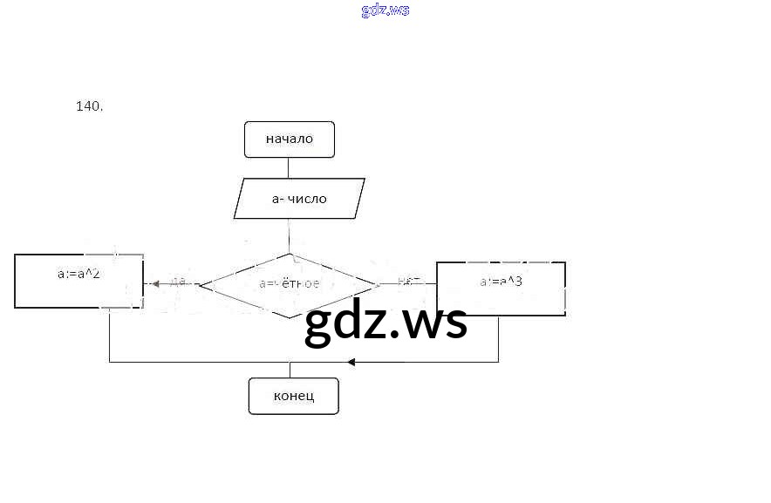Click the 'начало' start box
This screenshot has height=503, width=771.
(x=290, y=139)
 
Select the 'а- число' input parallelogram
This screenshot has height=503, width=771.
(x=299, y=199)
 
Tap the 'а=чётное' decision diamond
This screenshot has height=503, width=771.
(x=290, y=284)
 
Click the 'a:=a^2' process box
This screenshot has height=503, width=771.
(x=79, y=281)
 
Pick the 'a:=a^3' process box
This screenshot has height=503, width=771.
(x=501, y=287)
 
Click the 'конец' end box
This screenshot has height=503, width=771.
(x=293, y=396)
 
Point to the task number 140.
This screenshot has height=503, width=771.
(x=90, y=106)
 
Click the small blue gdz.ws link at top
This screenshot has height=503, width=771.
(x=385, y=10)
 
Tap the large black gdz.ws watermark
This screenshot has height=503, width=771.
(x=385, y=323)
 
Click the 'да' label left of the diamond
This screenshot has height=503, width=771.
(x=178, y=282)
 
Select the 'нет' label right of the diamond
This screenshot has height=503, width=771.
(x=409, y=282)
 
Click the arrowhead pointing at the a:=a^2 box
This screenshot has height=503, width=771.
(x=155, y=283)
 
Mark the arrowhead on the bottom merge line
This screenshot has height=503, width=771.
(x=351, y=362)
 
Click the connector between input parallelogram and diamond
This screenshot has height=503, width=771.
(x=290, y=235)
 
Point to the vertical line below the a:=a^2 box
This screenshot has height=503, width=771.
(x=109, y=335)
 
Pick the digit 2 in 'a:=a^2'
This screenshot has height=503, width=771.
(x=97, y=274)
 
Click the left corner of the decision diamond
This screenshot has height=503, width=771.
(x=201, y=284)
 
